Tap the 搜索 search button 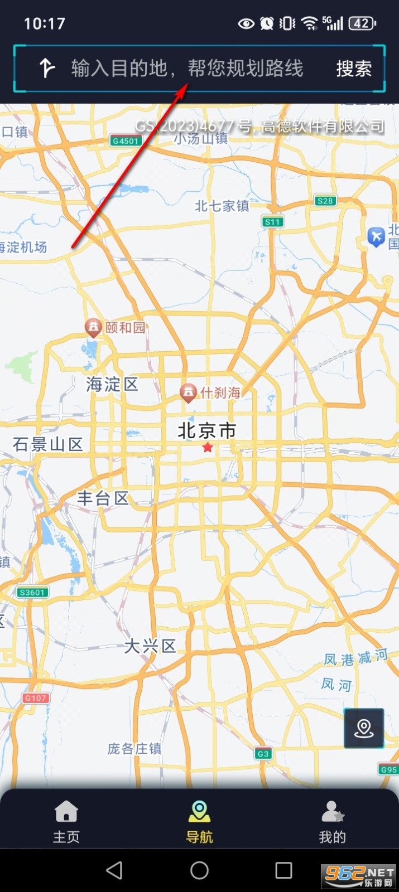(x=354, y=69)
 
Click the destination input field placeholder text (x=188, y=69)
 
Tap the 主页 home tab (x=66, y=821)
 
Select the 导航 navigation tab (x=199, y=821)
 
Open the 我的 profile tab (x=333, y=821)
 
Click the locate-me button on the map (x=364, y=728)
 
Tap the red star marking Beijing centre (x=208, y=447)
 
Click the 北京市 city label (x=207, y=430)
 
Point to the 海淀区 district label (x=112, y=384)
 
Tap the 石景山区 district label (x=48, y=444)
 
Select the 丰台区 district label (x=103, y=498)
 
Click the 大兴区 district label (x=150, y=646)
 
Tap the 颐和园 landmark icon (x=92, y=327)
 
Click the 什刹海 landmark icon (x=189, y=393)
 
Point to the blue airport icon (x=377, y=237)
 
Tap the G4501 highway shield (x=125, y=141)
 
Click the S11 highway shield (x=273, y=222)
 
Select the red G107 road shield (x=36, y=698)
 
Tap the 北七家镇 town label (x=222, y=206)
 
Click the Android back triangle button (x=114, y=870)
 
